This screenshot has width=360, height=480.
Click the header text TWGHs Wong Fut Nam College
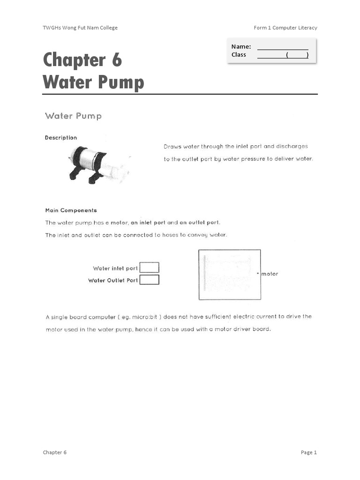80,28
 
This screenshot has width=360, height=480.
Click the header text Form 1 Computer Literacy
285,28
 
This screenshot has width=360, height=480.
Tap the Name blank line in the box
283,47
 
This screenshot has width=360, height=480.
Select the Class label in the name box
239,55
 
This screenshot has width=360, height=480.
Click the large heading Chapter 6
82,60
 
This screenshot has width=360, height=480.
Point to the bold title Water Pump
93,82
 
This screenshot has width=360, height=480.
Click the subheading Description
61,138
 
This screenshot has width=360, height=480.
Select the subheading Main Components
71,210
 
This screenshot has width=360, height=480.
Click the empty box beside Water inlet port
150,268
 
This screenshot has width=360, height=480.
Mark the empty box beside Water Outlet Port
150,280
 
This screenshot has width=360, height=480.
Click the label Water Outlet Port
113,280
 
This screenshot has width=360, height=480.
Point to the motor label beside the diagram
270,274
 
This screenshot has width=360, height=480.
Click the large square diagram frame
230,274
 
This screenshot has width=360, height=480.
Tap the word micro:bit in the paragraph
144,317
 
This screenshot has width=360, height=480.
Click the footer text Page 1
309,452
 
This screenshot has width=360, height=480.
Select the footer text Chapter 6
55,452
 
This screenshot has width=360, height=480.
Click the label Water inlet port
115,269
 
